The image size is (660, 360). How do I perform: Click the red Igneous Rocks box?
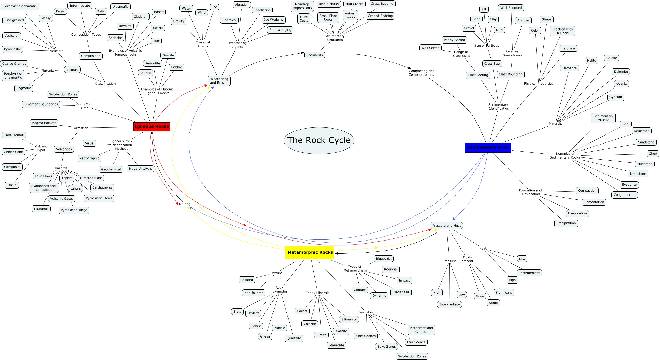click(152, 127)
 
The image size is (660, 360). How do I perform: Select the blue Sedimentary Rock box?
click(488, 147)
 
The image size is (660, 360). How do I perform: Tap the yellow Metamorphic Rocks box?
click(310, 252)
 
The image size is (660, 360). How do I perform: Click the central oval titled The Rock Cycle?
click(319, 140)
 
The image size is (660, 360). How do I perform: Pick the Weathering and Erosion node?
click(219, 81)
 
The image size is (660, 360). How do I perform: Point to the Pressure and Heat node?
click(446, 226)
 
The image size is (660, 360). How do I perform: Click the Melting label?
click(185, 204)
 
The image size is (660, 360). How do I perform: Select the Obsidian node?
click(141, 17)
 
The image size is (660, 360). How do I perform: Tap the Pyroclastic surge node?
click(74, 210)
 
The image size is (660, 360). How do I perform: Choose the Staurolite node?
click(336, 345)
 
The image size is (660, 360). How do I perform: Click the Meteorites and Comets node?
click(421, 330)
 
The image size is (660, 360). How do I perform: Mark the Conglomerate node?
click(624, 195)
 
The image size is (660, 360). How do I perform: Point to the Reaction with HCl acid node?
click(562, 31)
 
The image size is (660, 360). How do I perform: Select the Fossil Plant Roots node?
click(328, 18)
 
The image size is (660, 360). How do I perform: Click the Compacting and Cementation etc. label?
click(422, 73)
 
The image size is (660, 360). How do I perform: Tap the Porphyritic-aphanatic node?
click(20, 6)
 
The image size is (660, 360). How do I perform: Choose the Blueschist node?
click(384, 259)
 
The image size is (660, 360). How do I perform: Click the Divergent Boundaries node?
click(41, 104)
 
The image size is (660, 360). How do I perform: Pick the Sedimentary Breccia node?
click(603, 118)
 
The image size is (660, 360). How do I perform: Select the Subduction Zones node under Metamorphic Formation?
click(412, 356)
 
